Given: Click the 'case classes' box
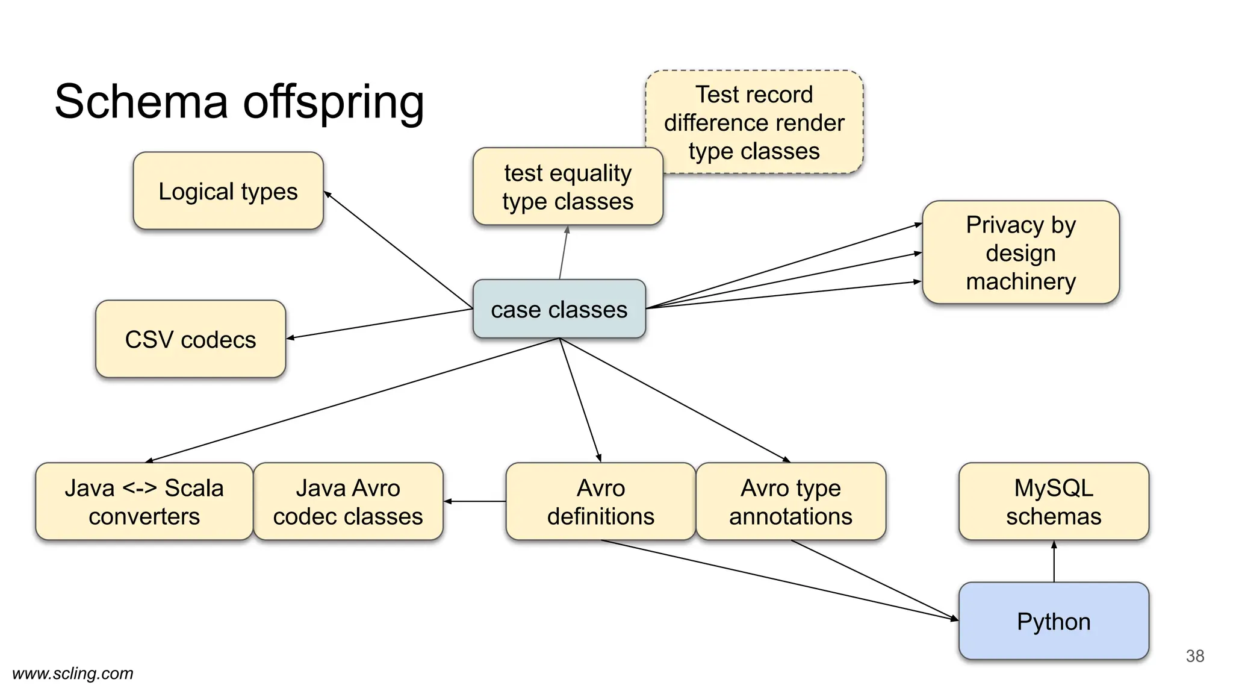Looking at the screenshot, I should pyautogui.click(x=559, y=308).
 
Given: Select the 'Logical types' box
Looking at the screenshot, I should pyautogui.click(x=228, y=191).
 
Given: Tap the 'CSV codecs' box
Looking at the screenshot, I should pyautogui.click(x=190, y=339).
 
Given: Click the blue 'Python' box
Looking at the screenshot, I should pyautogui.click(x=1053, y=621).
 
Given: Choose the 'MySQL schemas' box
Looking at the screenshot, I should pyautogui.click(x=1053, y=501).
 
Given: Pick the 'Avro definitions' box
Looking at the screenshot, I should pyautogui.click(x=600, y=501).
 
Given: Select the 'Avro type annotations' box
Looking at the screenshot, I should pyautogui.click(x=790, y=501).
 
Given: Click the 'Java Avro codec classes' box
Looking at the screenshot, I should pyautogui.click(x=348, y=501).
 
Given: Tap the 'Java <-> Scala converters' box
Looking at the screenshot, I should pyautogui.click(x=144, y=501).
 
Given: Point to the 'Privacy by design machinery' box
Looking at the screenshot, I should pyautogui.click(x=1020, y=252).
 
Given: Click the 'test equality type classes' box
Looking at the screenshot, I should pyautogui.click(x=567, y=187).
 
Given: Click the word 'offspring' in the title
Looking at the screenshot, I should pyautogui.click(x=334, y=101).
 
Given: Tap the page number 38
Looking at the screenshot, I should pyautogui.click(x=1194, y=656).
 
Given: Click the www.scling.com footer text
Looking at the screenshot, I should pyautogui.click(x=73, y=674).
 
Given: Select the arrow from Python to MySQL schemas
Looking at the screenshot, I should pyautogui.click(x=1054, y=561).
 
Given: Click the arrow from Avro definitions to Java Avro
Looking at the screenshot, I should pyautogui.click(x=475, y=501).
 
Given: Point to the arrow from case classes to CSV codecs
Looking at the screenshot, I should pyautogui.click(x=379, y=324).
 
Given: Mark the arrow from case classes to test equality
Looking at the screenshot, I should pyautogui.click(x=564, y=252).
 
